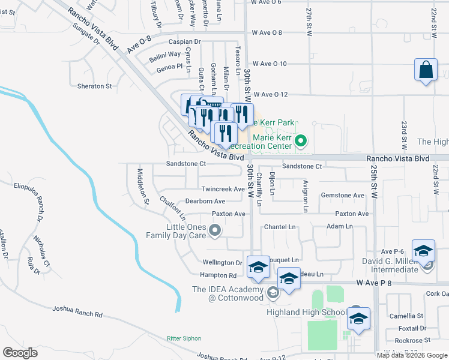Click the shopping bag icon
[426, 70]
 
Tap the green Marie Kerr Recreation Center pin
[301, 142]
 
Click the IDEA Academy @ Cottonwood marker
[273, 293]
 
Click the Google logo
[20, 352]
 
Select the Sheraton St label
[94, 86]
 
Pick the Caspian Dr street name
[184, 42]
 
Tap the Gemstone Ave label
[343, 196]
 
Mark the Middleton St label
[142, 187]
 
